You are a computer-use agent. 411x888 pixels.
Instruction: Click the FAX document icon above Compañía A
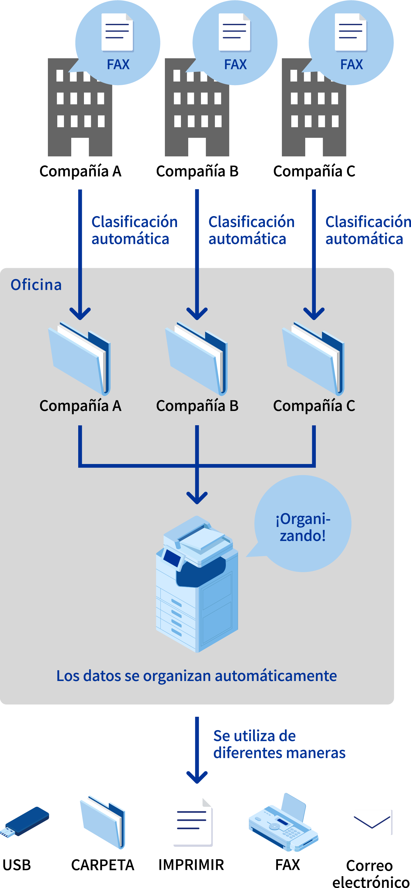(x=117, y=32)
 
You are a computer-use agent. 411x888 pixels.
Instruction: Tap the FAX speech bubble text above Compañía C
(x=351, y=65)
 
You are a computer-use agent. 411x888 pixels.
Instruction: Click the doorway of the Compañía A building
(x=80, y=147)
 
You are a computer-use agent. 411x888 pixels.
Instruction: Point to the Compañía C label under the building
(x=314, y=171)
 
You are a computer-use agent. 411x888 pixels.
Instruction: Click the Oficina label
(x=36, y=285)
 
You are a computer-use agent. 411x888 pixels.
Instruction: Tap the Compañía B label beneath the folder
(x=197, y=406)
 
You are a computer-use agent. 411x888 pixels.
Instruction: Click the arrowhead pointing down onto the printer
(x=197, y=498)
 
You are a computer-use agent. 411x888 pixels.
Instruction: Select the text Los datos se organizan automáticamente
(x=196, y=676)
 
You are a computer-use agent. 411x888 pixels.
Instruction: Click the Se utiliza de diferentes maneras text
(x=279, y=744)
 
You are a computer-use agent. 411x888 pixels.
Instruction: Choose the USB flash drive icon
(x=25, y=822)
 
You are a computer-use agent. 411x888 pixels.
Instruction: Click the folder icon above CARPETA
(x=103, y=822)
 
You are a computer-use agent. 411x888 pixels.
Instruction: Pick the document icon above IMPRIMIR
(x=193, y=822)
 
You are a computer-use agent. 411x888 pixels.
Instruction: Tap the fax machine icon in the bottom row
(x=283, y=822)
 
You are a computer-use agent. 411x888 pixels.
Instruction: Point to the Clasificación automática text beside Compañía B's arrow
(x=251, y=230)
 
